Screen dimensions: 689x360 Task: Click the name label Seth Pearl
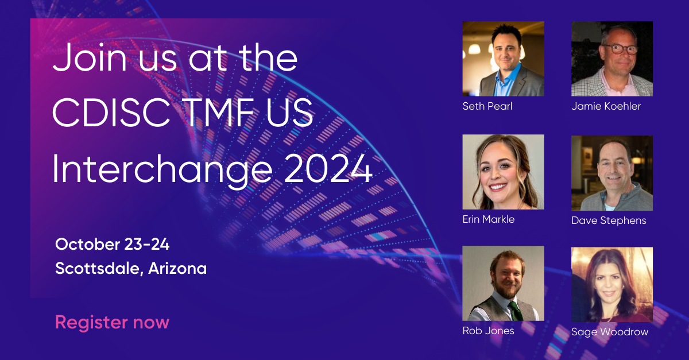(487, 106)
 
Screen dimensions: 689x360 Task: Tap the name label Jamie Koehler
(606, 106)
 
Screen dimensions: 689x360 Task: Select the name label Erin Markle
(489, 219)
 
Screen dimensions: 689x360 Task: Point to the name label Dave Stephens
(609, 220)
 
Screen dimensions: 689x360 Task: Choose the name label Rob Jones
(488, 331)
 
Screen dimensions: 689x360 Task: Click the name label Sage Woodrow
(610, 332)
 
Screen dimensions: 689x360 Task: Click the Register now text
(113, 323)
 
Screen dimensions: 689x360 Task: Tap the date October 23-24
(113, 245)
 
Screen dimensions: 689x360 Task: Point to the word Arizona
(177, 268)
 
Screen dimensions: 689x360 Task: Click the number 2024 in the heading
(328, 169)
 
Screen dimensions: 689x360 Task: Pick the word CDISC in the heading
(111, 112)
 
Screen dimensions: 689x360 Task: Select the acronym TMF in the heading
(219, 112)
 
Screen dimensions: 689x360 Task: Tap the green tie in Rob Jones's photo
(516, 311)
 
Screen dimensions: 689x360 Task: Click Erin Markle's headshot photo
(503, 172)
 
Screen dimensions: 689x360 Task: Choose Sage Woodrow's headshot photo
(612, 284)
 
